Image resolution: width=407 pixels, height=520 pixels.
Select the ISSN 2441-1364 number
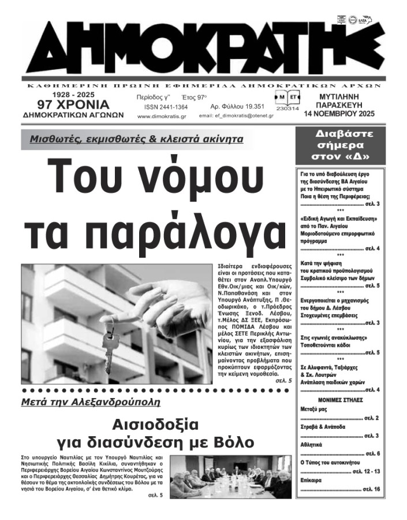point(166,107)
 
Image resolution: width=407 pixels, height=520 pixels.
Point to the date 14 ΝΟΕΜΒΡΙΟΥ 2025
point(339,114)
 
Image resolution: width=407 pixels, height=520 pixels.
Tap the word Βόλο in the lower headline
point(231,443)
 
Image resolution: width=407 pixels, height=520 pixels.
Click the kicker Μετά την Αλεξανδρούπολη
point(90,402)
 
